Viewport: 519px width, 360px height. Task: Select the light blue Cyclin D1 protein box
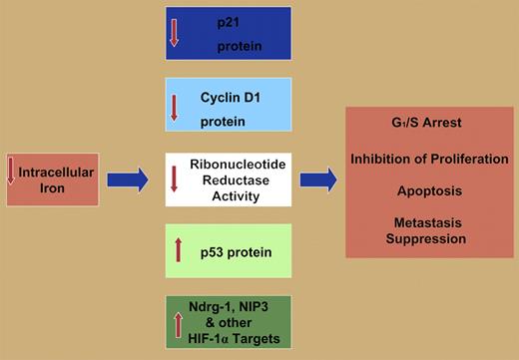point(229,105)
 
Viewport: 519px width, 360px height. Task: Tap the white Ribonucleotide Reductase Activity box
point(229,180)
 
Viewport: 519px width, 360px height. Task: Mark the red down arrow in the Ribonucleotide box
point(175,180)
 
